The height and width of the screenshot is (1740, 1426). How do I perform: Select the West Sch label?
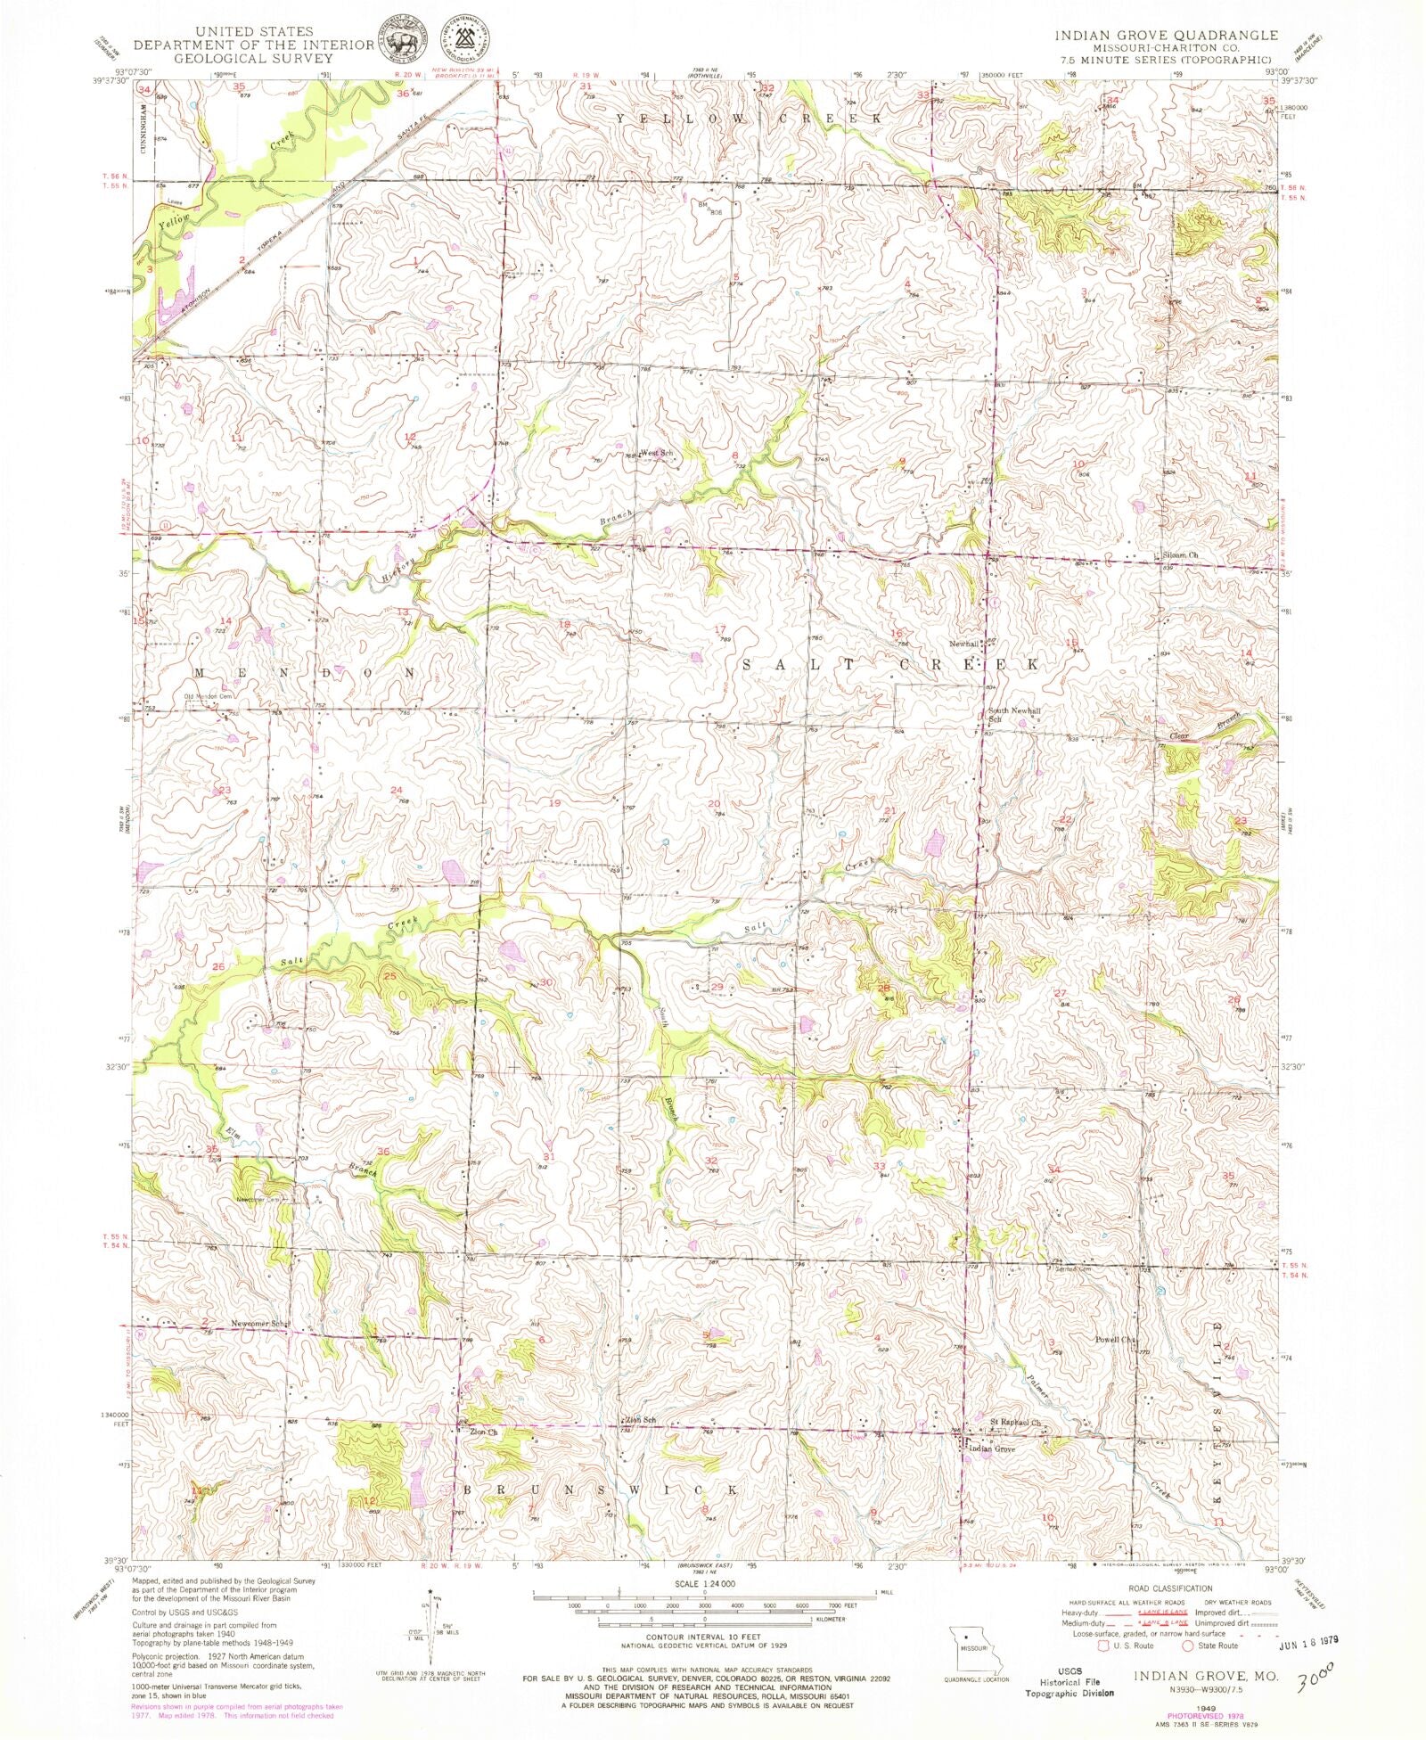click(657, 453)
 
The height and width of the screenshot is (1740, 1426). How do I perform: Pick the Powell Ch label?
click(1116, 1339)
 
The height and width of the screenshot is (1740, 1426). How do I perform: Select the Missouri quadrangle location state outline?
click(977, 1650)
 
